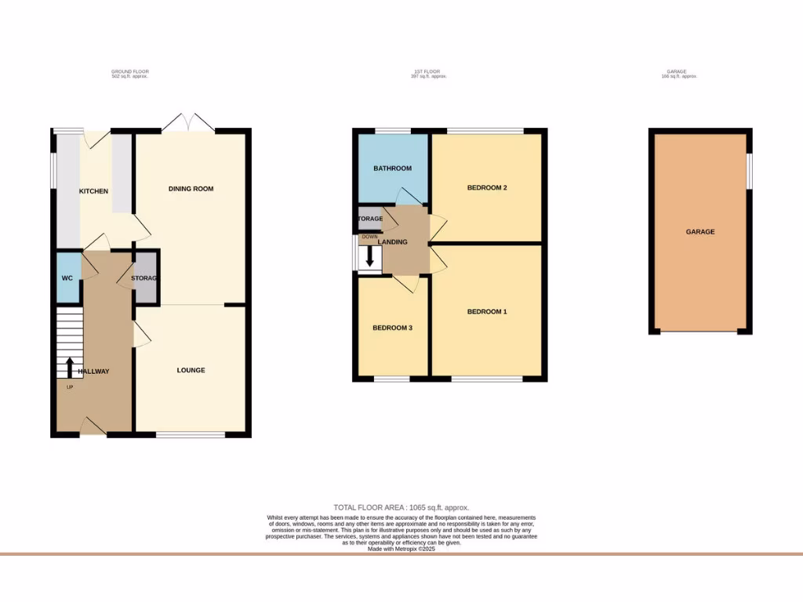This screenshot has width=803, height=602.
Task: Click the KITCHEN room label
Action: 93,191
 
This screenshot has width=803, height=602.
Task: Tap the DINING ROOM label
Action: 191,189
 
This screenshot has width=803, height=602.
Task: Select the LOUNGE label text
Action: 191,370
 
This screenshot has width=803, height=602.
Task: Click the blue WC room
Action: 67,277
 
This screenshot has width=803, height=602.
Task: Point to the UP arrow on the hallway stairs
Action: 69,367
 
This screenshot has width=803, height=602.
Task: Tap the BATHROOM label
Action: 392,169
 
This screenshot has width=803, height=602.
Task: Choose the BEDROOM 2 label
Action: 487,187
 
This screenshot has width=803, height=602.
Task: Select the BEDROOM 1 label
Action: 487,312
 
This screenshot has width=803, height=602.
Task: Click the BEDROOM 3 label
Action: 392,328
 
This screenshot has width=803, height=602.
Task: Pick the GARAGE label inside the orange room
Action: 700,232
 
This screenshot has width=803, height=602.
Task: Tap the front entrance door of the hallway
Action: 93,427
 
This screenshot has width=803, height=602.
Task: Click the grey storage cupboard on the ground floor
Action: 145,278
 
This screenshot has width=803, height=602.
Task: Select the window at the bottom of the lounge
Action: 191,433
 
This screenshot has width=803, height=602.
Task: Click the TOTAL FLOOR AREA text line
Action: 401,508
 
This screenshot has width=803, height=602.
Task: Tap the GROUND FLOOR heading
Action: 129,74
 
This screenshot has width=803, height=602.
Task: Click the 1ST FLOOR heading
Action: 431,74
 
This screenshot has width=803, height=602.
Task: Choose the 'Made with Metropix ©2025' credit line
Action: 401,549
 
